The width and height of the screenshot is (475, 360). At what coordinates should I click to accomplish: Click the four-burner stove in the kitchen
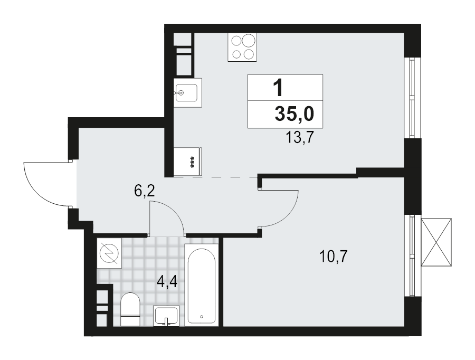(x=242, y=47)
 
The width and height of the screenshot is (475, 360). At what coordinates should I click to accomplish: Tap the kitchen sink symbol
(x=187, y=92)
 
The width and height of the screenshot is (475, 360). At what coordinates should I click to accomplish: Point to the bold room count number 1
(x=278, y=87)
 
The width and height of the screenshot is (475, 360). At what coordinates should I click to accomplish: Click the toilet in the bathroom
(x=130, y=309)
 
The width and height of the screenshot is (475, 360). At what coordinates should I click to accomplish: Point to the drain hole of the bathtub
(x=202, y=317)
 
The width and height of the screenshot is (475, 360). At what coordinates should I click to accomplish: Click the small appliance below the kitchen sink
(x=188, y=159)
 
